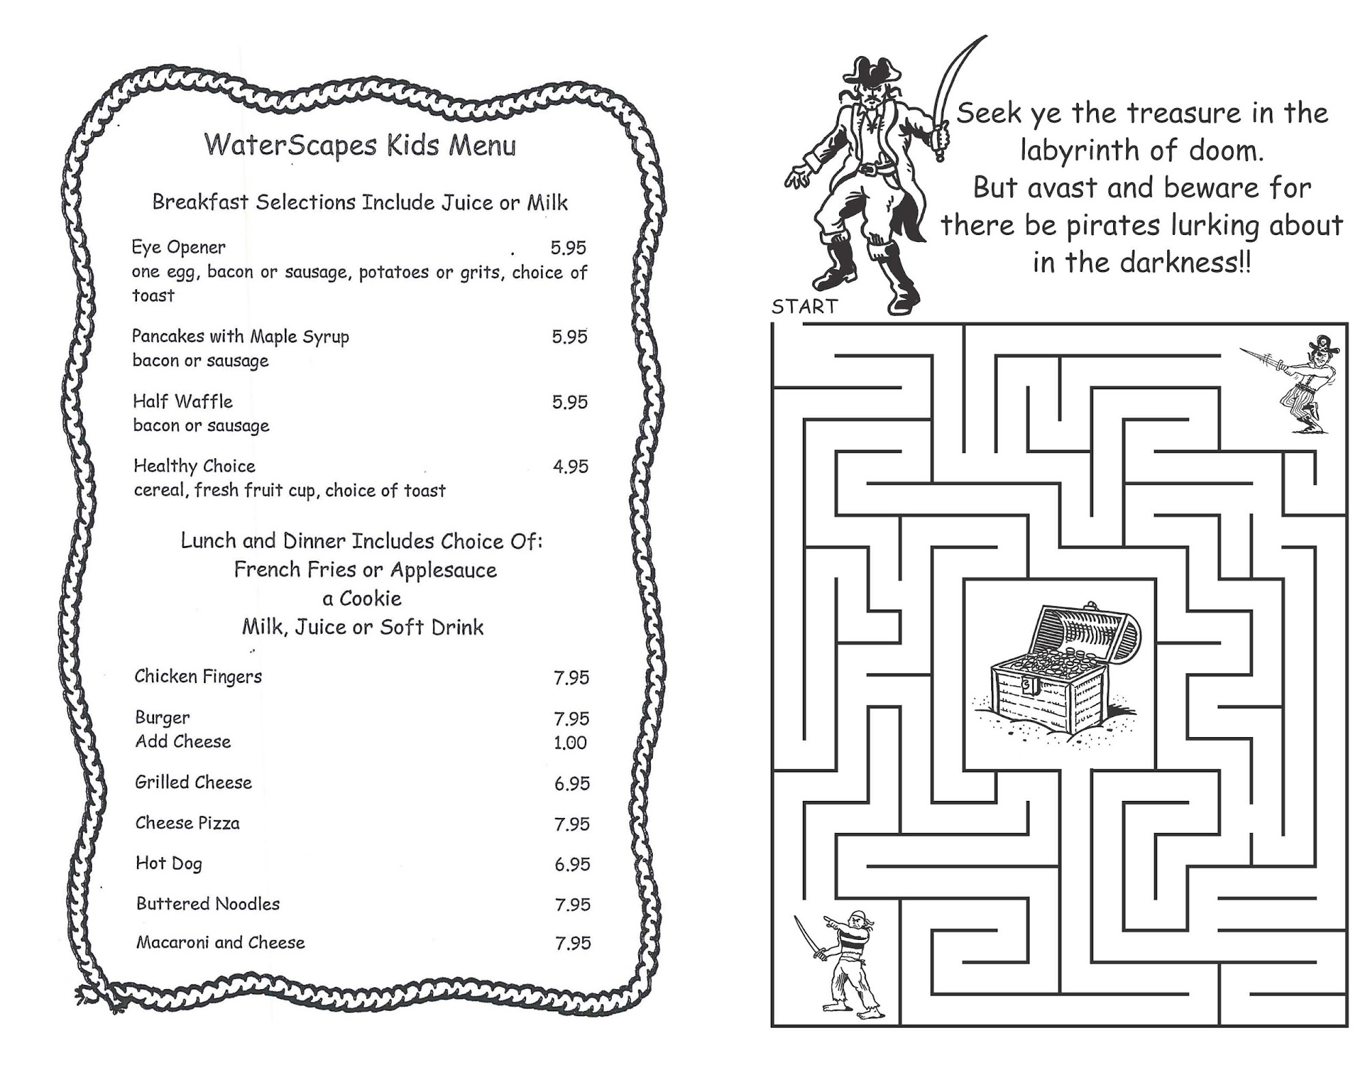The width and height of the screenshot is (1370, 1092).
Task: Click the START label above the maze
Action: [x=804, y=307]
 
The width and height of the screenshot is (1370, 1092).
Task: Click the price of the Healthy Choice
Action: [x=571, y=467]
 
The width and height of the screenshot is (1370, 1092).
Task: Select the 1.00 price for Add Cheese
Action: [x=570, y=743]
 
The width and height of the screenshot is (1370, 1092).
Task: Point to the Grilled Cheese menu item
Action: [x=193, y=782]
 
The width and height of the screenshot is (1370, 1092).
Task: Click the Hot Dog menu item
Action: [x=169, y=863]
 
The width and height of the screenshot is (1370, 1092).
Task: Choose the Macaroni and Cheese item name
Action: [x=220, y=943]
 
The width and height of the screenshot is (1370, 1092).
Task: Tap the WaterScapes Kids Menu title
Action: [x=360, y=146]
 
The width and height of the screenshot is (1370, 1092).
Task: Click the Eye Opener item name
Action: [x=178, y=247]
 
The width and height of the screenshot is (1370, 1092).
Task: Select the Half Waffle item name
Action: [x=182, y=401]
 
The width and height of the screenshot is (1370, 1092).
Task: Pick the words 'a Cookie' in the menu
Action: [x=362, y=599]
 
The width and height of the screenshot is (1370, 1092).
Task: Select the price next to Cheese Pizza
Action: [x=571, y=824]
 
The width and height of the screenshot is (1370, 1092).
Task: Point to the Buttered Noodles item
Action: [x=208, y=904]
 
